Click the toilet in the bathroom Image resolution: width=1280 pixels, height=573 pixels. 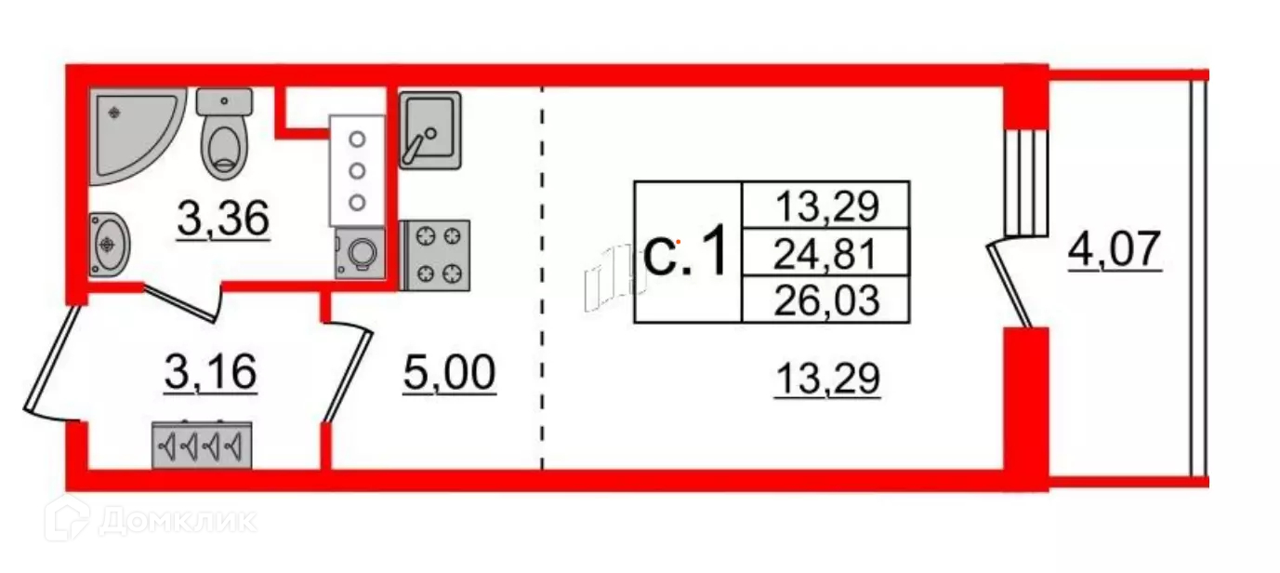tap(225, 134)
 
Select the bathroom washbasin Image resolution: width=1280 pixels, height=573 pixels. tap(110, 244)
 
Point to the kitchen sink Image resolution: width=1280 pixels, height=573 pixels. tap(430, 129)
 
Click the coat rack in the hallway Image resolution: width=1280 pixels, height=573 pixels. tap(202, 447)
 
